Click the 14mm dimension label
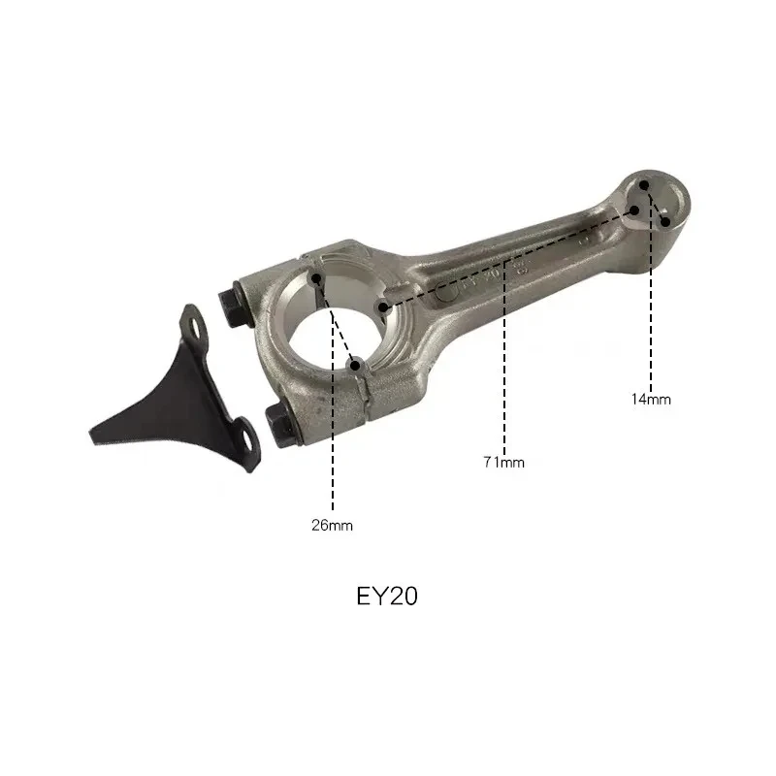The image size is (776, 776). (x=651, y=399)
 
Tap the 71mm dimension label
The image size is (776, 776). (x=504, y=463)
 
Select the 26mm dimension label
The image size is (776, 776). (x=333, y=526)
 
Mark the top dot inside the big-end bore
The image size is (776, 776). (x=318, y=279)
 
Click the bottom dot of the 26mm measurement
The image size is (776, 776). (x=356, y=365)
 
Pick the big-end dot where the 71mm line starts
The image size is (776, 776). (x=385, y=307)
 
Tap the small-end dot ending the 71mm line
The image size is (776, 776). (x=635, y=210)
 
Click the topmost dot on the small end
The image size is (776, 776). (x=648, y=183)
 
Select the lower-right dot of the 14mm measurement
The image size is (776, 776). (x=666, y=221)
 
